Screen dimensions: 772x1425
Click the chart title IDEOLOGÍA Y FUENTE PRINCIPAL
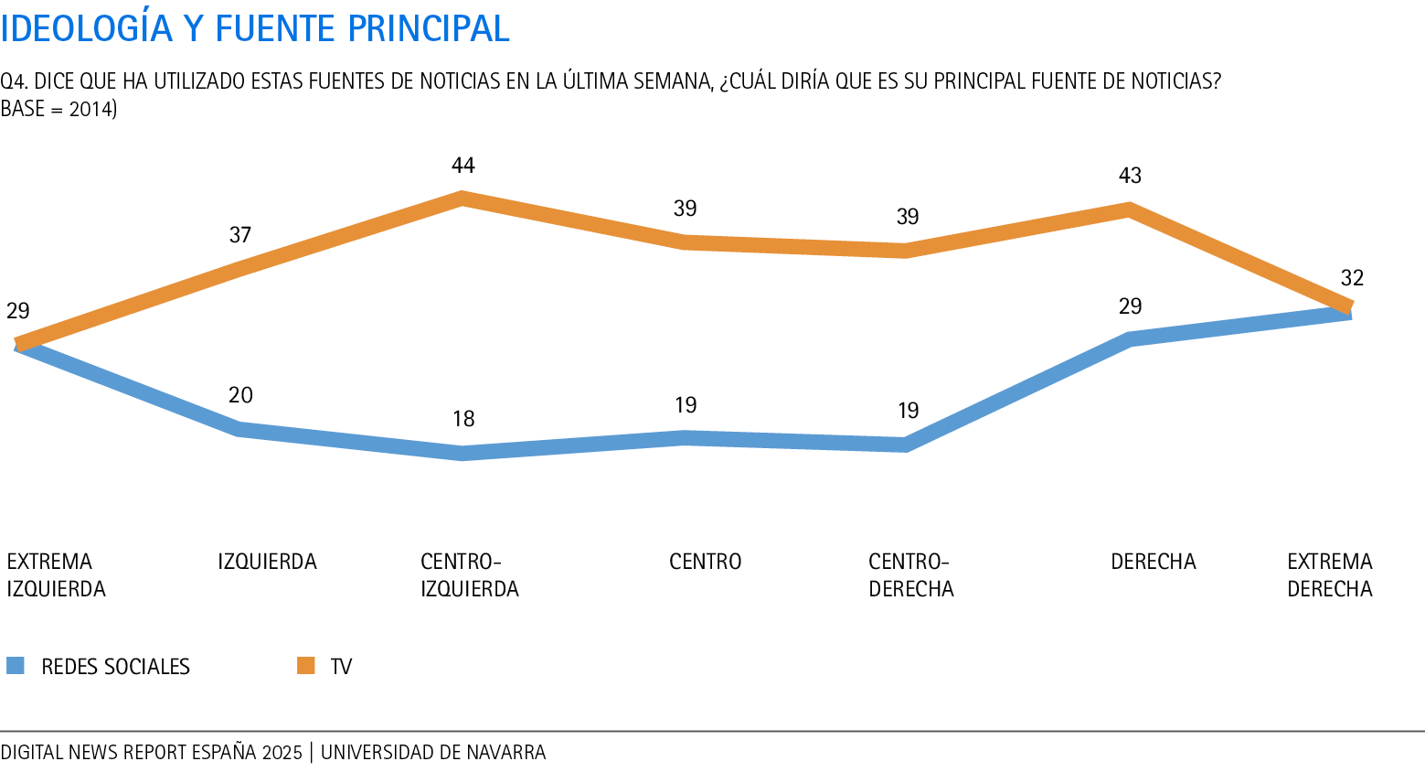[255, 28]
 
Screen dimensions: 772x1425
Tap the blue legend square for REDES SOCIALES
[16, 666]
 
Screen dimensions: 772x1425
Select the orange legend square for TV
[305, 666]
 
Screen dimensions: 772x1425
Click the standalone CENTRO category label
[705, 562]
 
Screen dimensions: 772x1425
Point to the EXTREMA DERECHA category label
[1330, 575]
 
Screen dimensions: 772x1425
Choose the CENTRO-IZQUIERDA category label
[469, 575]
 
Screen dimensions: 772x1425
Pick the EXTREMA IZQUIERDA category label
[56, 575]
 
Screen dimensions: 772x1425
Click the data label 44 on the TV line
[463, 166]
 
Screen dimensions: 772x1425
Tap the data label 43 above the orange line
[1131, 176]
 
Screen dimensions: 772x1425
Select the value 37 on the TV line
[240, 235]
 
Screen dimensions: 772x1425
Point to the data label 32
[1352, 278]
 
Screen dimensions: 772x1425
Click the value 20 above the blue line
[240, 395]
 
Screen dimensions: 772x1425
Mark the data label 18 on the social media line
[463, 419]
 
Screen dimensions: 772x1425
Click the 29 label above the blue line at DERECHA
[1131, 306]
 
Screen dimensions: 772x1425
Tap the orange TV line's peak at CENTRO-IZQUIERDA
[463, 198]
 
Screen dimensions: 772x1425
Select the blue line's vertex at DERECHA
[1131, 339]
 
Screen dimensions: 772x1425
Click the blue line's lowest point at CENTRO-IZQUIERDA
[463, 453]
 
